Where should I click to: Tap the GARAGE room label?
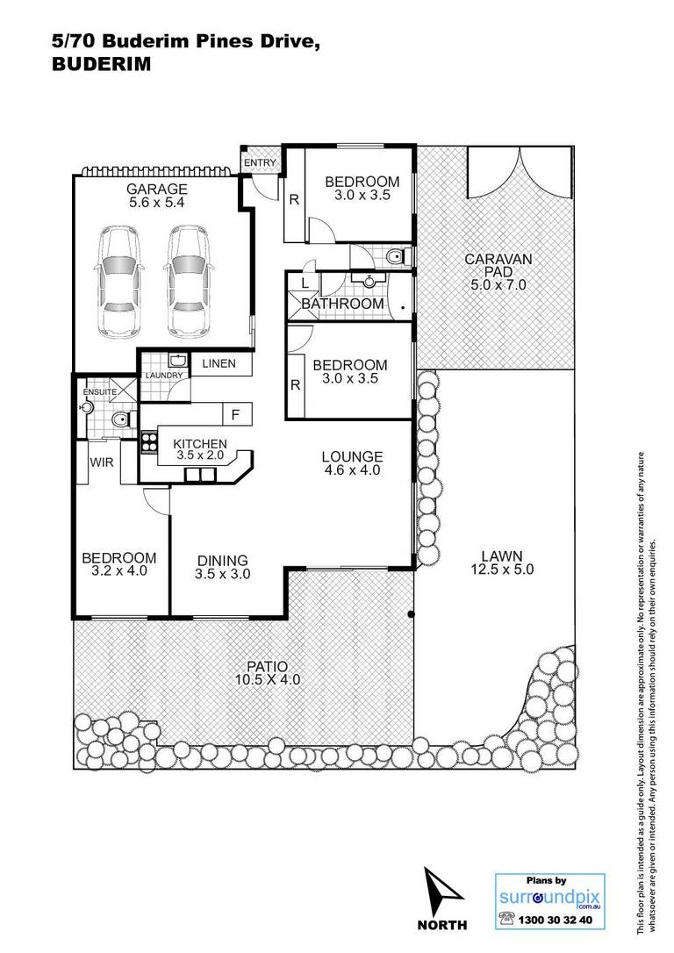(157, 189)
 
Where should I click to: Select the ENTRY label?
(260, 163)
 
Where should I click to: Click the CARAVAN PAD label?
(498, 265)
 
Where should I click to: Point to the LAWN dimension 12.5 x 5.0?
(502, 570)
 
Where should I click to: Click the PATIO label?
(268, 667)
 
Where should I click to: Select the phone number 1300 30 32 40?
(555, 921)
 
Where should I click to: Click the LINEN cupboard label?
(219, 363)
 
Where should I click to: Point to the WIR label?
(102, 462)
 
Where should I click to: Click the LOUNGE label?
(353, 456)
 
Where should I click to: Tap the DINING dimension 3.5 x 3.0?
(222, 574)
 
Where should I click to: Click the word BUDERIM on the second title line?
(102, 64)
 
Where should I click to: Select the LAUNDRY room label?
(164, 376)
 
